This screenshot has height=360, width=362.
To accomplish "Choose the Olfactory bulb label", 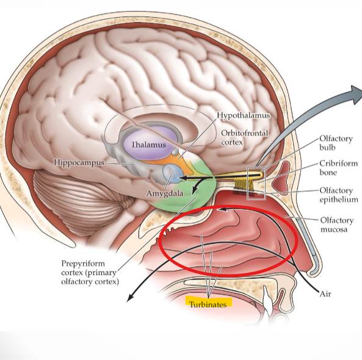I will (335, 143).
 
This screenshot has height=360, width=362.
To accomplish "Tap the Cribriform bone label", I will (336, 168).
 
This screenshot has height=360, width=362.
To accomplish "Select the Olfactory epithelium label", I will (338, 194).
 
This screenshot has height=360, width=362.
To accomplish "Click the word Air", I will (325, 293).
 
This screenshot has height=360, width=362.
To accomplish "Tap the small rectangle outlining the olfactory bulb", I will (256, 182).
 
